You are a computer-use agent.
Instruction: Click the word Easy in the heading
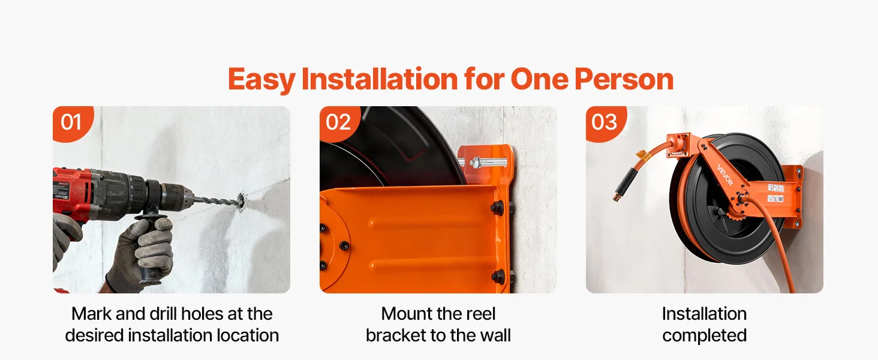coord(261,80)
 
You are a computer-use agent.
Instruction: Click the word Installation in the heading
coord(380,79)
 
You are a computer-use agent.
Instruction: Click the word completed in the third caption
coord(704,336)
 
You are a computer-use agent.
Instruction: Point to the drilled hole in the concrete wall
coord(240,201)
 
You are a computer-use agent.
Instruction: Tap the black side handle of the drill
coord(151,247)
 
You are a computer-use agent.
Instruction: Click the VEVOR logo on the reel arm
coord(724,175)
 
